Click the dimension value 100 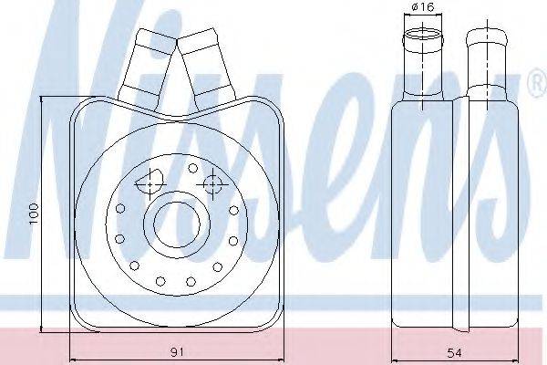coord(33,214)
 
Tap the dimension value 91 coord(177,352)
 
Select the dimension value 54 coord(455,353)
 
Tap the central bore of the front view coord(177,224)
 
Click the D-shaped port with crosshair coord(150,183)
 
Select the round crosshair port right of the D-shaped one coord(212,183)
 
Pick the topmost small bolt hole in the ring coord(193,168)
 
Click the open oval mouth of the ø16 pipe coord(423,35)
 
